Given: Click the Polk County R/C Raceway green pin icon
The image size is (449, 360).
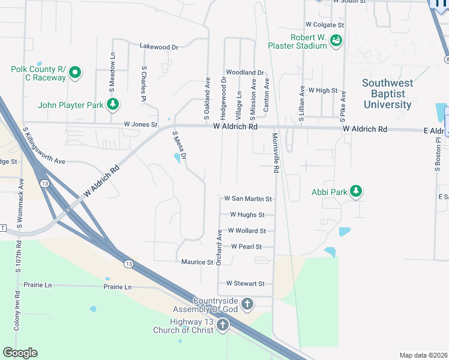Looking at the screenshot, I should coord(75,73).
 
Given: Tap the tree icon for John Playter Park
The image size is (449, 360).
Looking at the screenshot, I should coord(112,105).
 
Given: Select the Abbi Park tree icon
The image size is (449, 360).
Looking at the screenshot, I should coord(357,191).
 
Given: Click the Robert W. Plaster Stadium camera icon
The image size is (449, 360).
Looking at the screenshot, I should coord(336,41).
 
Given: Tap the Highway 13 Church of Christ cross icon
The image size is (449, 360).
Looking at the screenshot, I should coord(223,326).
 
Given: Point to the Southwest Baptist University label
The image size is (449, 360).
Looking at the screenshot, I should coord(387,94).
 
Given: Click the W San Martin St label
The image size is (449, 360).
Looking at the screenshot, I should coord(248,199).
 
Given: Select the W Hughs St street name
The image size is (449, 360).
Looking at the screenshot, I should coord(247,215).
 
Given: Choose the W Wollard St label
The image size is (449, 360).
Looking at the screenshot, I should coord(247,231).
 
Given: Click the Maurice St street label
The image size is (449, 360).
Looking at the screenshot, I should coord(197,262).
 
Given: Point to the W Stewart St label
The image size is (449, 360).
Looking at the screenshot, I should coord(245,284).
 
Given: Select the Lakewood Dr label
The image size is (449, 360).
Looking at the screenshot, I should coord(158,46).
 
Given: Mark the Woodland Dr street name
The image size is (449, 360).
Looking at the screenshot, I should coord(245,73).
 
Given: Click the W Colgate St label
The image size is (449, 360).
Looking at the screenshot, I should coord(325,25).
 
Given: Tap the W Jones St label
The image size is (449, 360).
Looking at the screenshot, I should coord(140,125).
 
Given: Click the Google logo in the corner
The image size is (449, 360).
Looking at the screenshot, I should coord(20,353).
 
